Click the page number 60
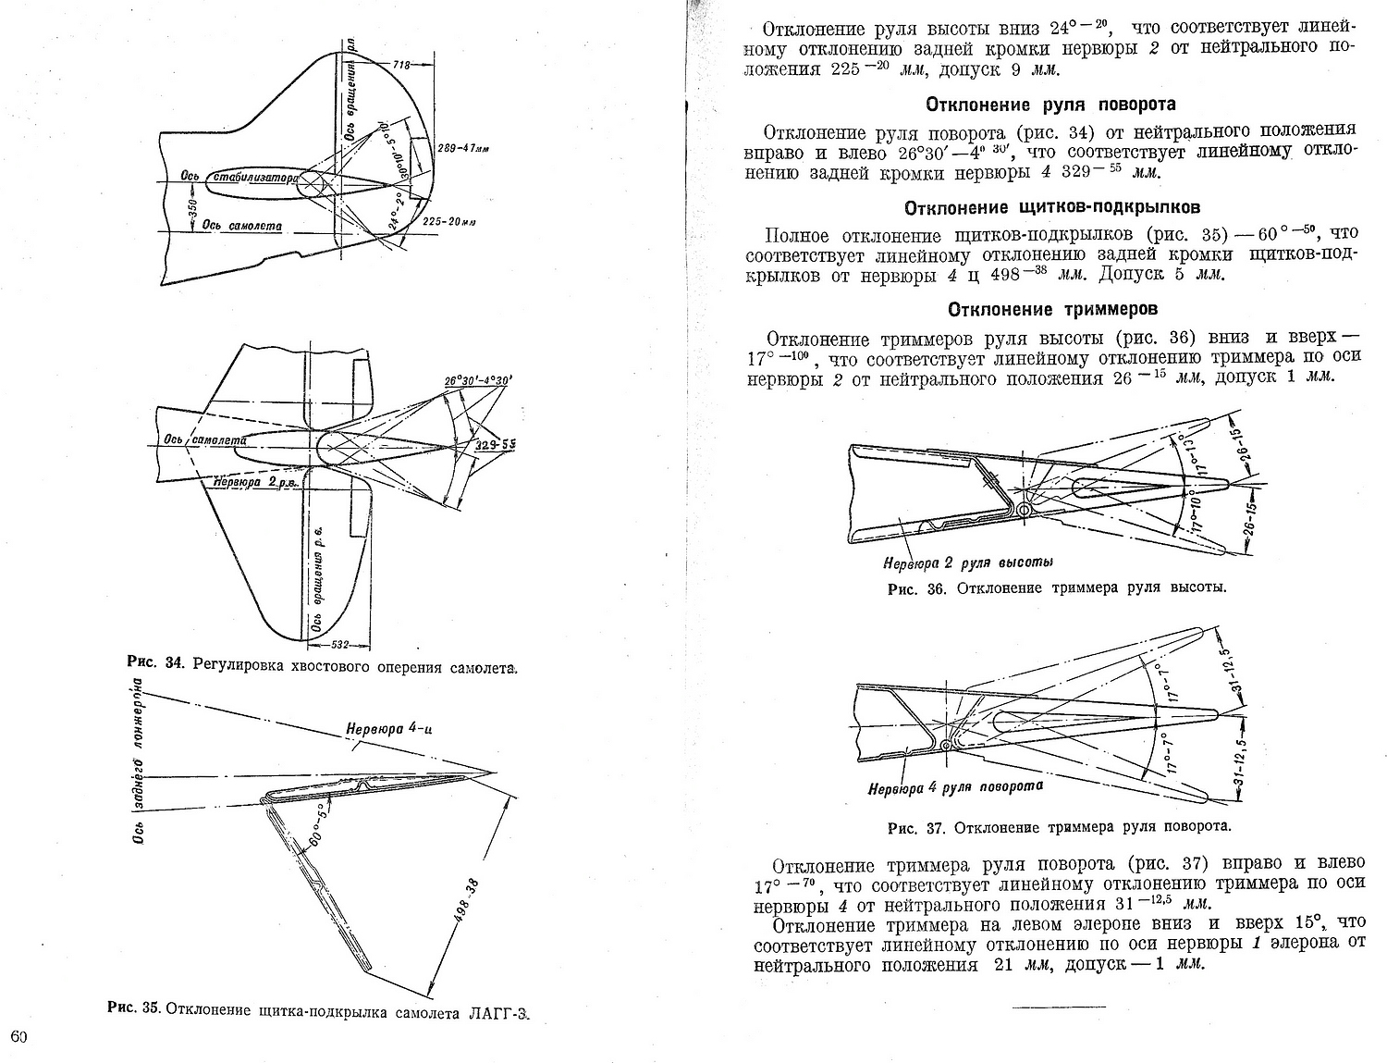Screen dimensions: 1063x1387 click(19, 1035)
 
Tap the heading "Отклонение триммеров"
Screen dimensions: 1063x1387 click(1052, 309)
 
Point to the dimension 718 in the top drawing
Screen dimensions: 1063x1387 click(400, 66)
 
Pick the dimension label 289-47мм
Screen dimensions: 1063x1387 click(465, 148)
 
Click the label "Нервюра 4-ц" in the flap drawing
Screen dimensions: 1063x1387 click(389, 728)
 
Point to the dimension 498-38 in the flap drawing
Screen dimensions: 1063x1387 click(466, 899)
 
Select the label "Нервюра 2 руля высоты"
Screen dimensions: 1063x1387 click(968, 562)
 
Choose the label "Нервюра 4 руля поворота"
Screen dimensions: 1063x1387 click(955, 787)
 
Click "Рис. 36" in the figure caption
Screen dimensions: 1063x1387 click(916, 588)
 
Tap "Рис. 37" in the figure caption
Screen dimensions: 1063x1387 click(915, 826)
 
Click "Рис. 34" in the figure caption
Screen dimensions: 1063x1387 click(156, 664)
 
